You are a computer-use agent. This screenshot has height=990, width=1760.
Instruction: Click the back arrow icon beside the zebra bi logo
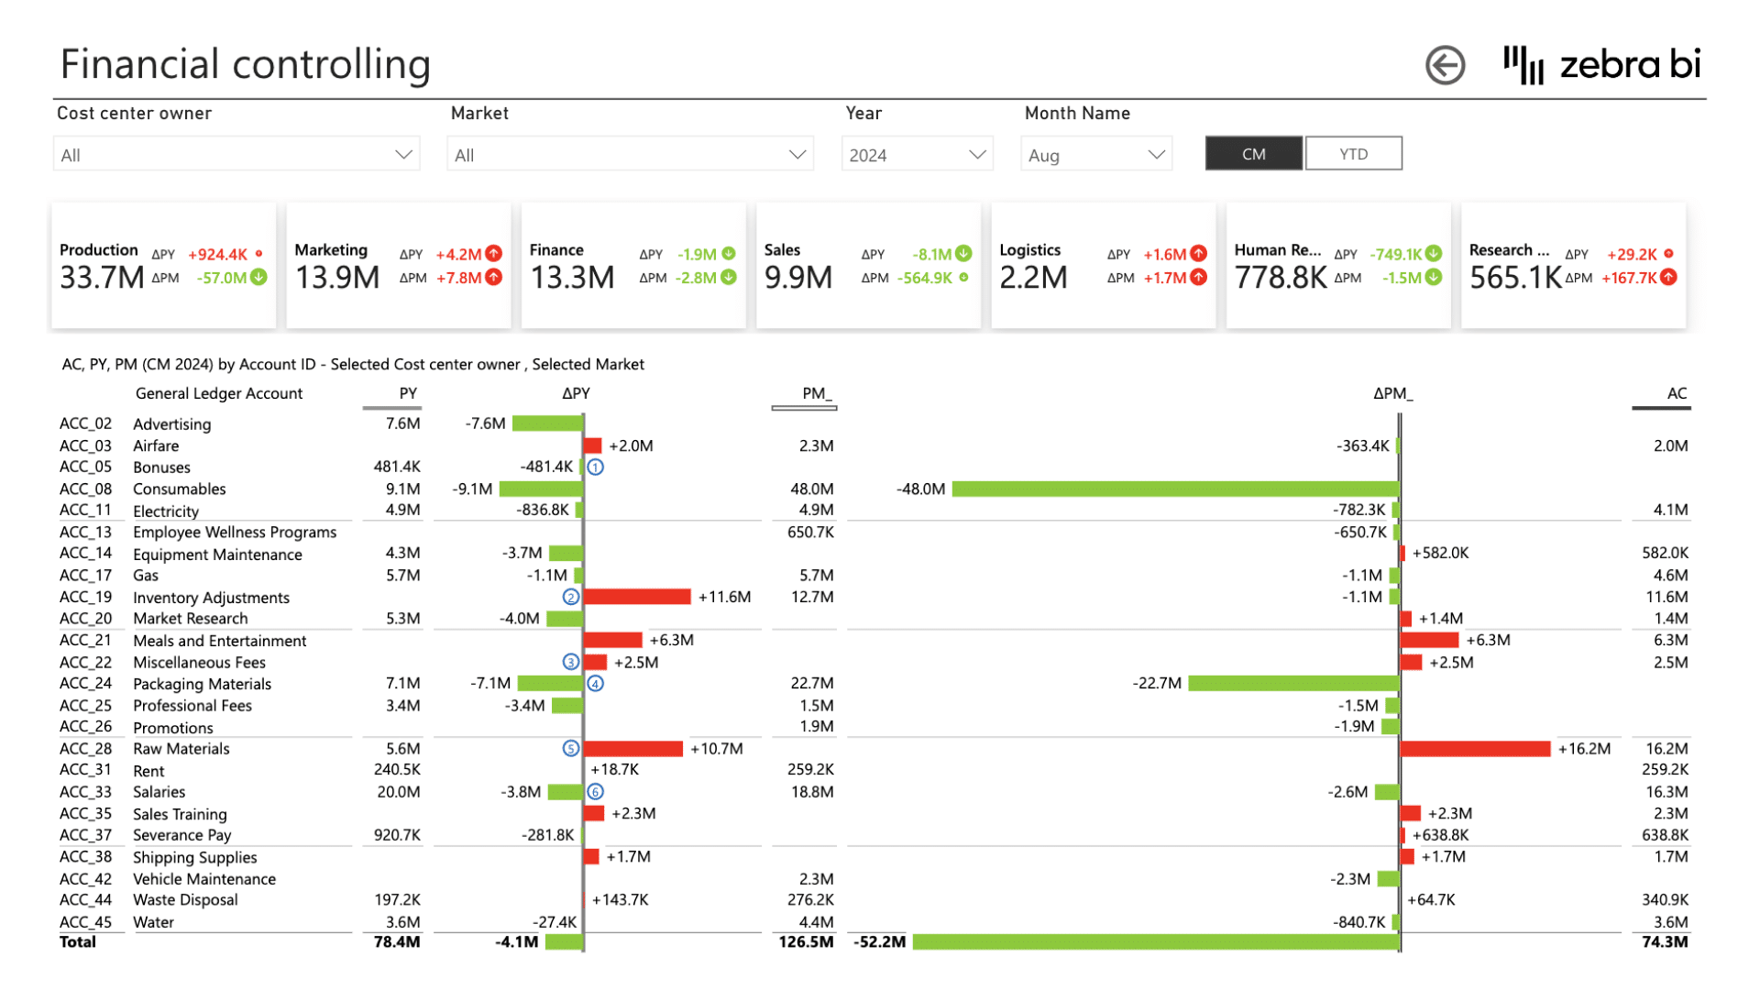pyautogui.click(x=1445, y=65)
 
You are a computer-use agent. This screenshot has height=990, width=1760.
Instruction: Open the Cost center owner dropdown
pyautogui.click(x=236, y=155)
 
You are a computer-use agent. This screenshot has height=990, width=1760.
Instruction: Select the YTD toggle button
pyautogui.click(x=1353, y=154)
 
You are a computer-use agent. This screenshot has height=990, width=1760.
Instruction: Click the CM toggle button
pyautogui.click(x=1253, y=154)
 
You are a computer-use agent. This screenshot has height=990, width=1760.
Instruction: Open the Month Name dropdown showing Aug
pyautogui.click(x=1096, y=155)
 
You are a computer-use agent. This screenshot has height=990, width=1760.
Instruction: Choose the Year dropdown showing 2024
pyautogui.click(x=917, y=155)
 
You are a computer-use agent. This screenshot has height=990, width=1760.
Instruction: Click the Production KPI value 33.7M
pyautogui.click(x=102, y=277)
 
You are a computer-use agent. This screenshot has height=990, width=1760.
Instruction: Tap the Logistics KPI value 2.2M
pyautogui.click(x=1033, y=277)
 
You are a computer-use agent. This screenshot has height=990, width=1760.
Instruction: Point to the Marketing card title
pyautogui.click(x=331, y=250)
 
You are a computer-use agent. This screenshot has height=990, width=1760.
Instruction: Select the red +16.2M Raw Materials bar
pyautogui.click(x=1475, y=749)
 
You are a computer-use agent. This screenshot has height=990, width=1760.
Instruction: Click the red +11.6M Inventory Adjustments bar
pyautogui.click(x=637, y=597)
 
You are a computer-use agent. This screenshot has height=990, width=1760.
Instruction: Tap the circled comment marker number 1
pyautogui.click(x=596, y=467)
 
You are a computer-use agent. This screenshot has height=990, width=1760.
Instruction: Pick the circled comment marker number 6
pyautogui.click(x=596, y=792)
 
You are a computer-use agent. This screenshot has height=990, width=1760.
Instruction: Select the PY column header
pyautogui.click(x=408, y=393)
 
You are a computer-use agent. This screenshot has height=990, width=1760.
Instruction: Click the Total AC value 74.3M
pyautogui.click(x=1665, y=942)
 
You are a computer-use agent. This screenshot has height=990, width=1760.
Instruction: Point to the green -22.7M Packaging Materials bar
pyautogui.click(x=1293, y=684)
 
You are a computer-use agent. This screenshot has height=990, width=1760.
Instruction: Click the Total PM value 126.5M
pyautogui.click(x=806, y=942)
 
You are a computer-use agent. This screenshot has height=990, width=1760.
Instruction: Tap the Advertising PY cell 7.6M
pyautogui.click(x=402, y=423)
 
